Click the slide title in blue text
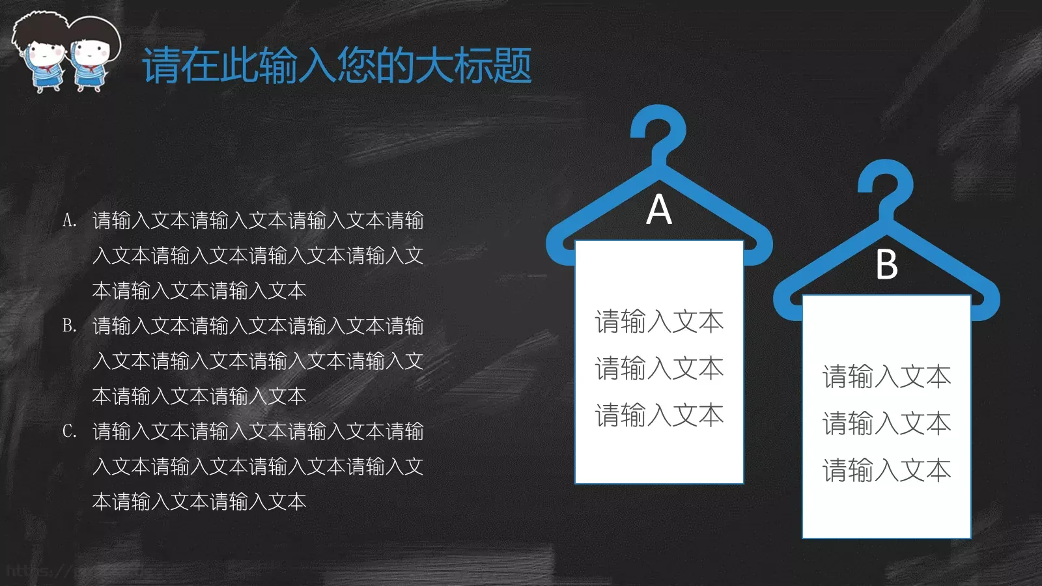click(x=337, y=66)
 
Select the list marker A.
click(x=69, y=221)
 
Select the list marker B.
click(x=69, y=326)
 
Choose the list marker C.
click(x=69, y=431)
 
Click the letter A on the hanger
click(x=659, y=210)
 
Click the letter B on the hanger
click(x=886, y=265)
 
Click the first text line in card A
click(x=659, y=322)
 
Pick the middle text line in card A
click(x=659, y=369)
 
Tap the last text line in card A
click(x=659, y=415)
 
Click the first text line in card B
click(x=886, y=376)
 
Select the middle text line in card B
click(x=886, y=423)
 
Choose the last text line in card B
click(x=886, y=470)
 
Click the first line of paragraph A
click(x=258, y=221)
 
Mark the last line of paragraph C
click(x=199, y=501)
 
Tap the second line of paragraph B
click(x=258, y=361)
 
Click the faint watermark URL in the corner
click(x=39, y=572)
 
